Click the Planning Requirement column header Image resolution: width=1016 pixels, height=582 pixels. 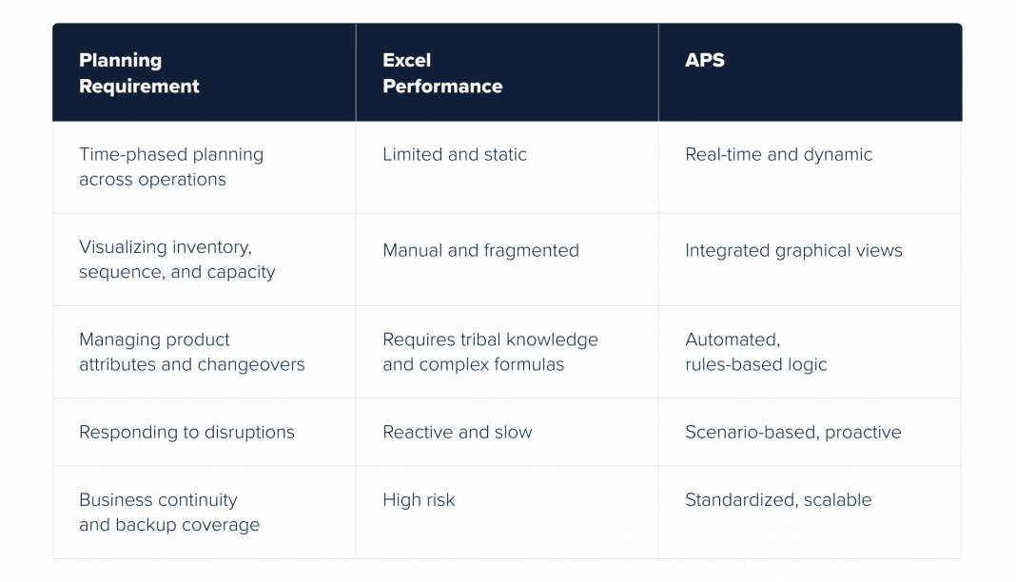coord(139,73)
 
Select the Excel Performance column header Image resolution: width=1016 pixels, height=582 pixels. coord(442,73)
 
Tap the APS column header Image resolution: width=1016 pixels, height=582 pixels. coord(704,60)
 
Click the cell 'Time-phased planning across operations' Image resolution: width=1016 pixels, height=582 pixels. coord(171,167)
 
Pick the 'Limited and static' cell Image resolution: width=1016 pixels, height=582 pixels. coord(454,155)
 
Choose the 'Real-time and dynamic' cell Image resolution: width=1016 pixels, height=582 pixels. coord(778,155)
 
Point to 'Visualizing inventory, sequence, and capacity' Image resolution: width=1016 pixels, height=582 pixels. coord(177,260)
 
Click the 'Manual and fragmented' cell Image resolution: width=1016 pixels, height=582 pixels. coord(480,250)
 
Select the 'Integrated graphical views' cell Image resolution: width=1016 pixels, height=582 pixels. coord(793,250)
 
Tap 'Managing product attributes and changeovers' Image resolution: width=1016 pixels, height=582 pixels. coord(192,352)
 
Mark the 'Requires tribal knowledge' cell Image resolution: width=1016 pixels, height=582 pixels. coord(490,352)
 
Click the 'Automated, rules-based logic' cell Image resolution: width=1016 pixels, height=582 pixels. coord(755,352)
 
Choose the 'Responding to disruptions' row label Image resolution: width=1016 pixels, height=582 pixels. coord(186,433)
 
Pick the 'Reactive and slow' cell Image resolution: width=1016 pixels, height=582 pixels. coord(457,433)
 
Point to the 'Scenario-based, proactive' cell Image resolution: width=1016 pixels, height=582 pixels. coord(793,433)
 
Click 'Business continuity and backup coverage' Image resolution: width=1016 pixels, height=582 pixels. coord(169,512)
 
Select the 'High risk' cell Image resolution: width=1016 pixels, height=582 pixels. coord(419,500)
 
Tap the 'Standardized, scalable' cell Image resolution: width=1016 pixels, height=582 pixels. coord(778,500)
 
